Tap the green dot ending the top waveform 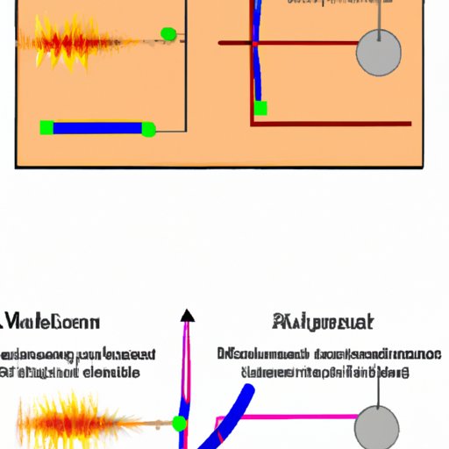coord(168,35)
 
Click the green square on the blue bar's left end coord(46,128)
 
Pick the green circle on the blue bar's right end coord(148,130)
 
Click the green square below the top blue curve coord(260,108)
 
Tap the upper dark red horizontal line coord(289,42)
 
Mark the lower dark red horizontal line coord(333,125)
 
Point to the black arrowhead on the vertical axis coord(186,316)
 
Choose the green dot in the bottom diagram coord(180,424)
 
